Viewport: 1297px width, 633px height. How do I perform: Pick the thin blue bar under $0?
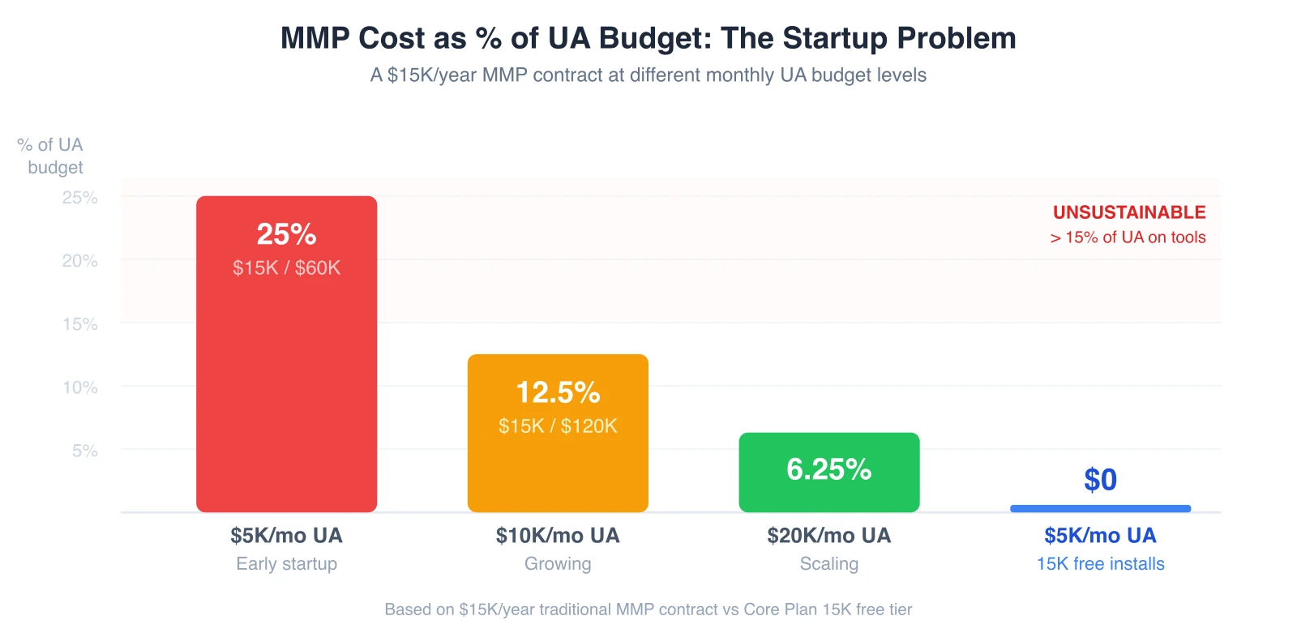tap(1100, 508)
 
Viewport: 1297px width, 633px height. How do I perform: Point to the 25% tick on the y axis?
tap(80, 198)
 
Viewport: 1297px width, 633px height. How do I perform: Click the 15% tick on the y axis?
tap(80, 324)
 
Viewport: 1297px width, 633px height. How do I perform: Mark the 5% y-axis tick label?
tap(85, 451)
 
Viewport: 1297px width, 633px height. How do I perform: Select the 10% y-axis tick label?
tap(80, 387)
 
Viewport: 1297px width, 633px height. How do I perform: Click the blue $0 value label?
tap(1100, 480)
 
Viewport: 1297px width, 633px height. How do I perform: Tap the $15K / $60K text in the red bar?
tap(286, 268)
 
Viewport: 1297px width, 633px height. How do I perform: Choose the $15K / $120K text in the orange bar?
tap(558, 426)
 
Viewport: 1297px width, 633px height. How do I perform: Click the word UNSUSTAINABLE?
tap(1129, 212)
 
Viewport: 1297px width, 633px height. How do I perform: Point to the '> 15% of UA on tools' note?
tap(1128, 237)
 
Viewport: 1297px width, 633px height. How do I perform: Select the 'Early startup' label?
tap(286, 564)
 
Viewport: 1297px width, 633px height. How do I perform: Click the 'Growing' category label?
tap(558, 564)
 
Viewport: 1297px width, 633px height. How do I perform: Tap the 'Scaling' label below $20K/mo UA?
tap(828, 564)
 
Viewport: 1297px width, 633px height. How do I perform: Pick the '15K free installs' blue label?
tap(1100, 564)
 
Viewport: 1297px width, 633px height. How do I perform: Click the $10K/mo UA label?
tap(558, 536)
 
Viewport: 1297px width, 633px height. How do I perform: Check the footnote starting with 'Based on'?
tap(648, 609)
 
